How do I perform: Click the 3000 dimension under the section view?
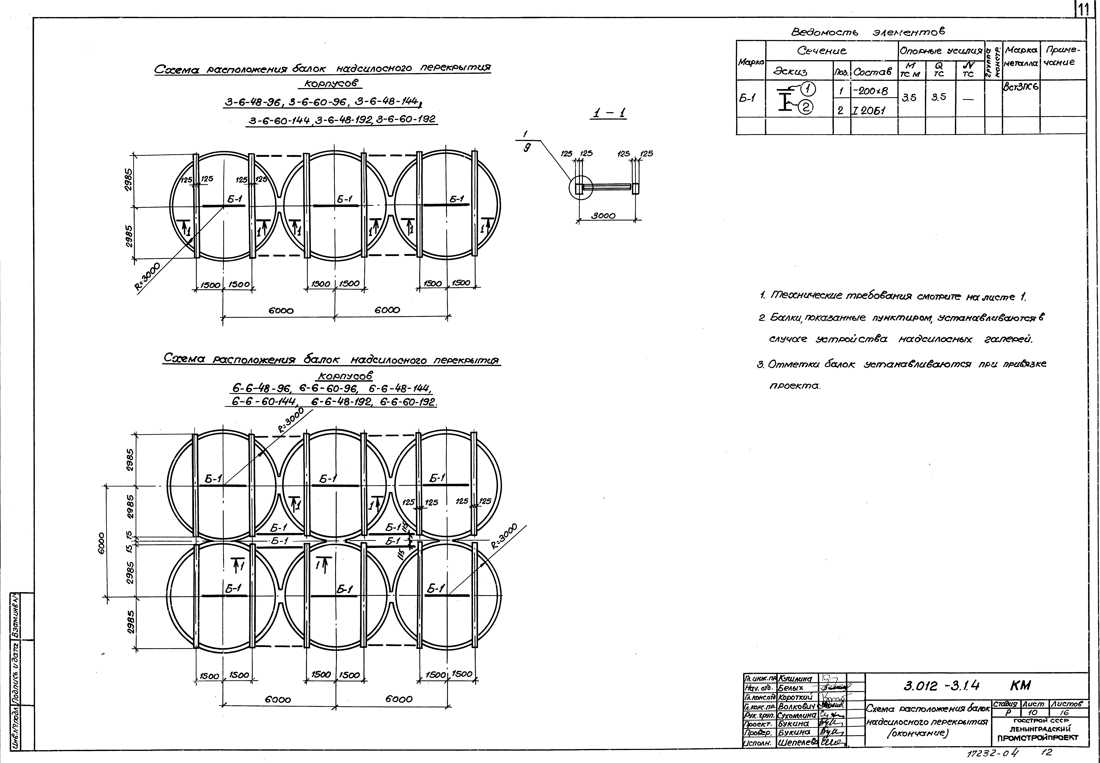[603, 216]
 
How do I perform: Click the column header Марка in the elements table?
[751, 62]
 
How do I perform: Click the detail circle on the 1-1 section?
[580, 187]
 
